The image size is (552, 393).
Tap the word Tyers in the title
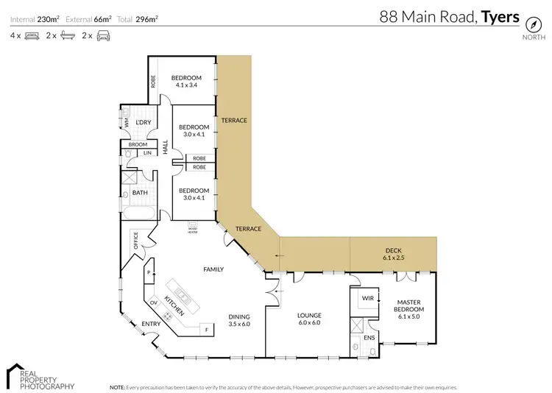coord(500,16)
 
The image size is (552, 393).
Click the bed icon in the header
coord(32,35)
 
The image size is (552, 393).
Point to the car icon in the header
coord(103,35)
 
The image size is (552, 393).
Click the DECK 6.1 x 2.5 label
coord(393,254)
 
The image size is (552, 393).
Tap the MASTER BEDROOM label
coord(408,305)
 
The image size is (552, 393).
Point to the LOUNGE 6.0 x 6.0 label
coord(310,319)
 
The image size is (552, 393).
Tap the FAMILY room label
coord(213,270)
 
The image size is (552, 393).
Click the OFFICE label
coord(135,241)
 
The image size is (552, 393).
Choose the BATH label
coord(140,193)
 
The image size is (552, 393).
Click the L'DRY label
coord(143,121)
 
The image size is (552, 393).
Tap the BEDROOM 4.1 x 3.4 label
coord(186,81)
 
